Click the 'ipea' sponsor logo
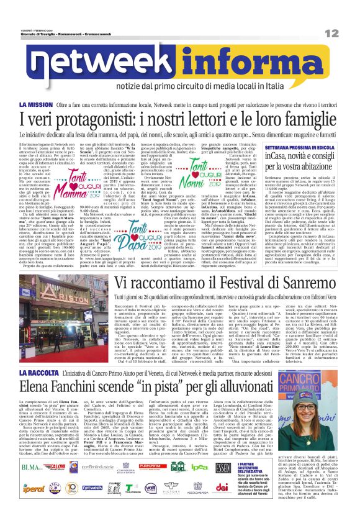[199, 467]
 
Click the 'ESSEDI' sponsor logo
[225, 467]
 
